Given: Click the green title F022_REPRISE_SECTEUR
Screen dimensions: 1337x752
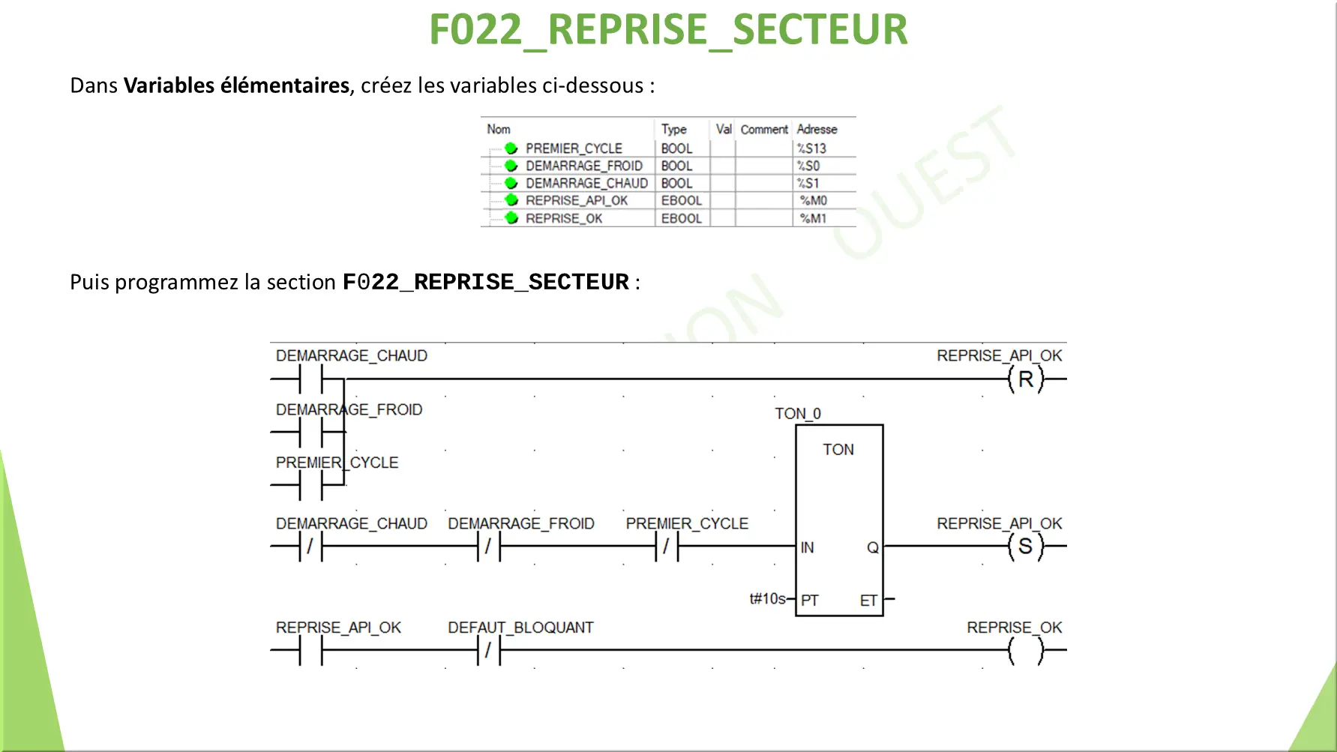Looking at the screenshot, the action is pyautogui.click(x=668, y=30).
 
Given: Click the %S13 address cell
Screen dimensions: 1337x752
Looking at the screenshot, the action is pyautogui.click(x=811, y=148).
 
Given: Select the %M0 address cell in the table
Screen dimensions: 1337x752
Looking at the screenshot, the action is pyautogui.click(x=814, y=200).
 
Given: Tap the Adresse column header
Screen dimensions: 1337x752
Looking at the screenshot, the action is pyautogui.click(x=817, y=129).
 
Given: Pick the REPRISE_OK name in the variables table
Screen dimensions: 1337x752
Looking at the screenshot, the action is pyautogui.click(x=564, y=218).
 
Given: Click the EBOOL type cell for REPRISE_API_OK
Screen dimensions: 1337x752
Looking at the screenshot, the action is pyautogui.click(x=682, y=200).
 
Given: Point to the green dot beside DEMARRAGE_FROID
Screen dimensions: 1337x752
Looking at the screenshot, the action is pyautogui.click(x=511, y=166).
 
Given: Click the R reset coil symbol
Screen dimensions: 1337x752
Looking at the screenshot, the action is pyautogui.click(x=1026, y=379).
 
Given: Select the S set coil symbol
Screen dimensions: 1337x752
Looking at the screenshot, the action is pyautogui.click(x=1026, y=547).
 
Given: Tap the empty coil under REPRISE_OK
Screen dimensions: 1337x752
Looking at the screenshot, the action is pyautogui.click(x=1026, y=650).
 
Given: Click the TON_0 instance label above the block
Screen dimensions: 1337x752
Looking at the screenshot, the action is pyautogui.click(x=798, y=414).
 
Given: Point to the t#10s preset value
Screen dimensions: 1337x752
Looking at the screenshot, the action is pyautogui.click(x=768, y=598).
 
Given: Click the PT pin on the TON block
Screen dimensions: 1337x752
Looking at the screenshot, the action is pyautogui.click(x=810, y=601).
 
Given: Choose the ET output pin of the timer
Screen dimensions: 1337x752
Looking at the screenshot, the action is pyautogui.click(x=868, y=601).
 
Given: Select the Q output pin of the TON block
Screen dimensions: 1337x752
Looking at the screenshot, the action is pyautogui.click(x=873, y=547).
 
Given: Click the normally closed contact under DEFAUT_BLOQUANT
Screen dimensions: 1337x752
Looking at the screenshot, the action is pyautogui.click(x=489, y=650).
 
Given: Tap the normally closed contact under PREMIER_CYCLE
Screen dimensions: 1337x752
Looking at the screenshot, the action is pyautogui.click(x=667, y=547).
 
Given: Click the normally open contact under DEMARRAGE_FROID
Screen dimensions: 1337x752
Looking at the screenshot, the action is pyautogui.click(x=310, y=433).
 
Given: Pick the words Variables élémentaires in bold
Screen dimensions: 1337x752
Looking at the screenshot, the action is pyautogui.click(x=237, y=85).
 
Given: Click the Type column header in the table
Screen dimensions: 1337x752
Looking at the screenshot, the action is pyautogui.click(x=674, y=129).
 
